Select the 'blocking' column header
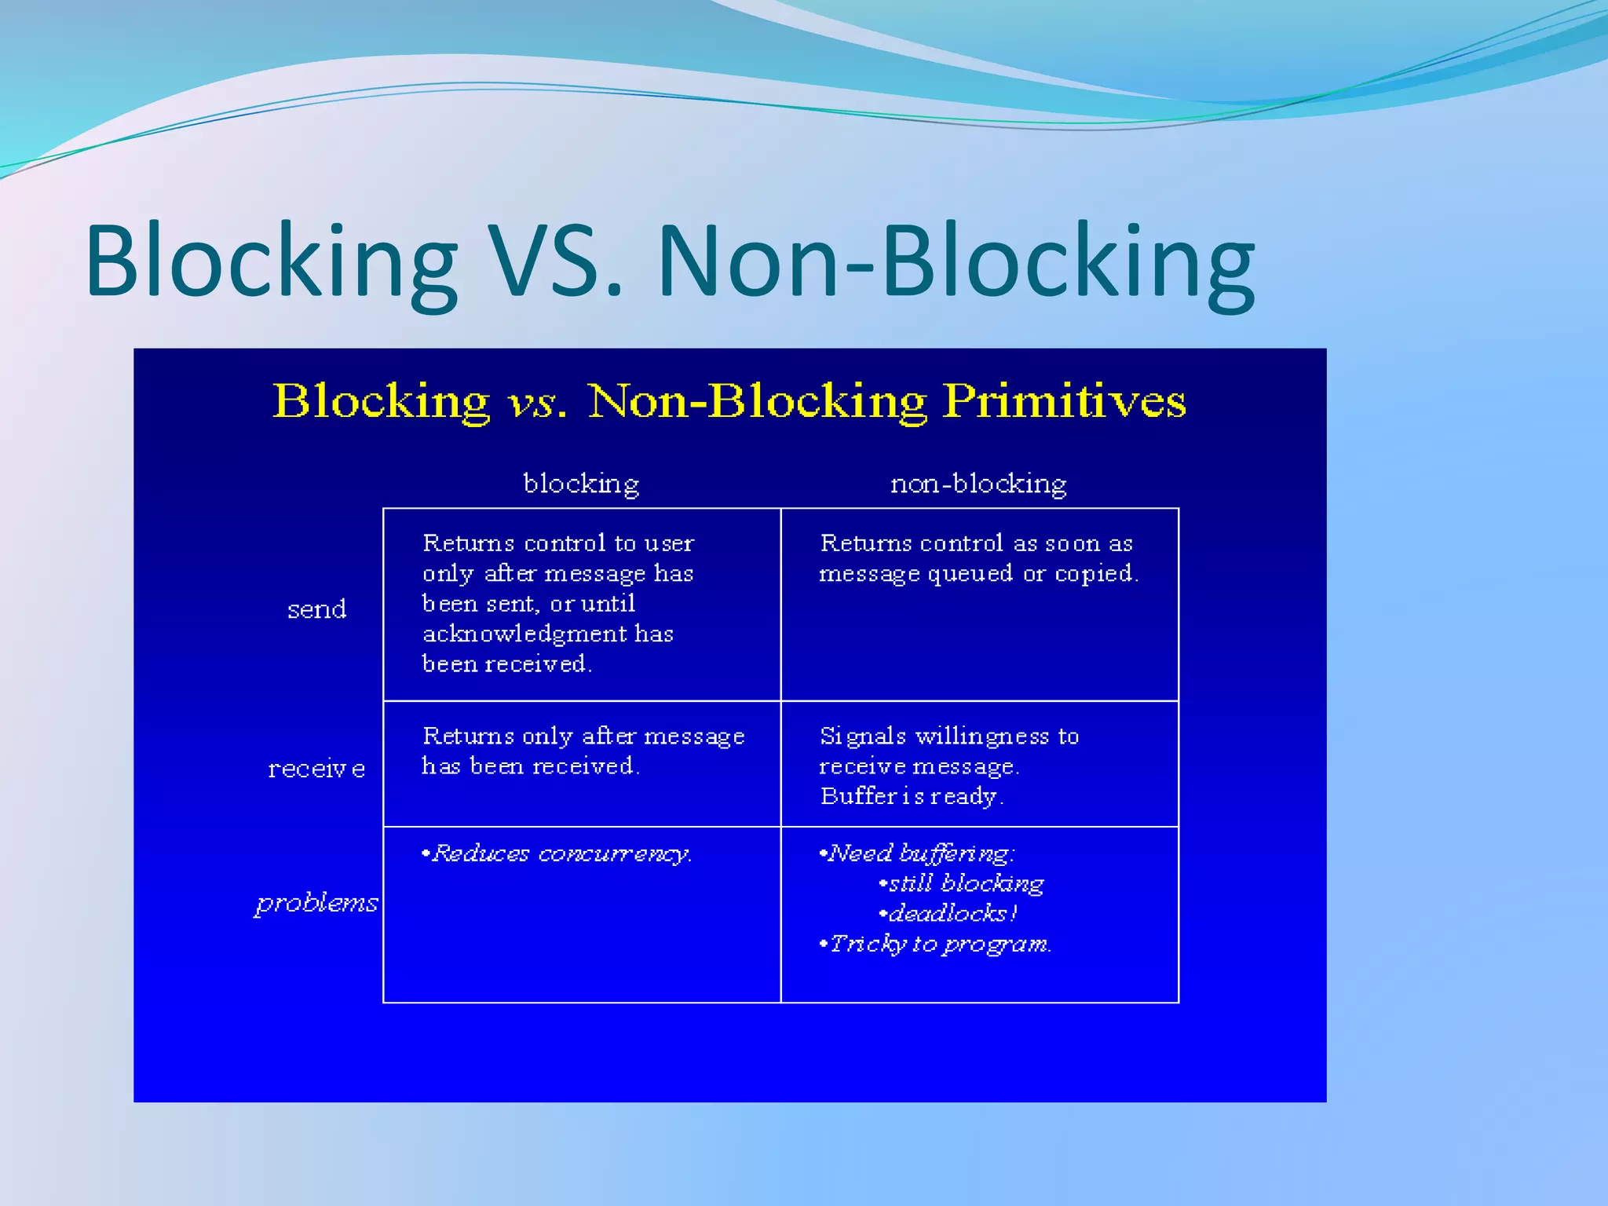(581, 483)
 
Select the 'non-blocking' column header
(978, 483)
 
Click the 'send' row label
(316, 609)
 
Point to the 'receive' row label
(316, 769)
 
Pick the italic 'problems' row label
(316, 903)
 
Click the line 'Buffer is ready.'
(911, 796)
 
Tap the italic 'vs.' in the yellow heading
(537, 403)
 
